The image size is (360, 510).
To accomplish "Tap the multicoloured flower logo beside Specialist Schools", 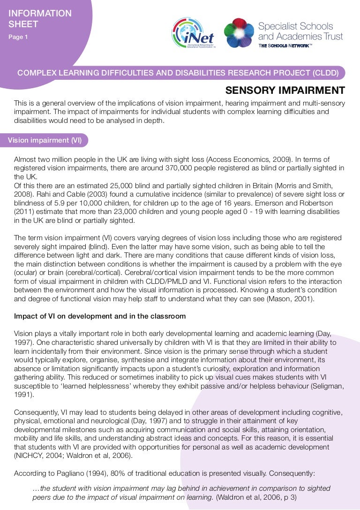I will (239, 32).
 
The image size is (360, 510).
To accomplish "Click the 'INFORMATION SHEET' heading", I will (40, 19).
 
